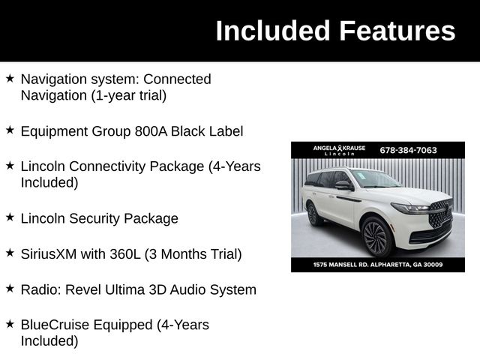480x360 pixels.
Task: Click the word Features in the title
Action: (x=397, y=31)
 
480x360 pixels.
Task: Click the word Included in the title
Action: (x=273, y=31)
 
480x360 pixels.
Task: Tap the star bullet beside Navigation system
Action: (x=10, y=78)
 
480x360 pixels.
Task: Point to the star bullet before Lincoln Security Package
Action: (x=10, y=217)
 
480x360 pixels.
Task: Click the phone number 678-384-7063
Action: (x=408, y=150)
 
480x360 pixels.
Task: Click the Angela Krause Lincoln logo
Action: (x=339, y=150)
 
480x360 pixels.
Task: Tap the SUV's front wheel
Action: (x=376, y=236)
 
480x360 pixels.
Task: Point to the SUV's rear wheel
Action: (x=313, y=214)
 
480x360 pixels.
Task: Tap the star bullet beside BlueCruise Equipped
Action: (x=10, y=324)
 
